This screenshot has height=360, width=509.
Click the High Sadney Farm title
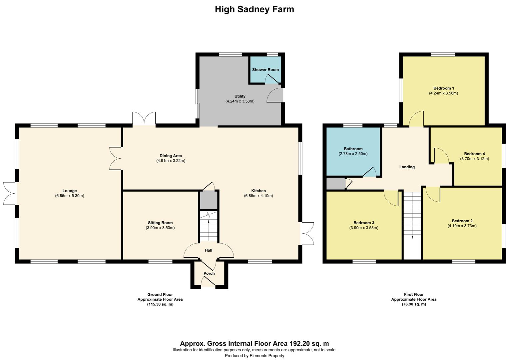point(254,9)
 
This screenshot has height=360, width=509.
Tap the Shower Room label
point(265,70)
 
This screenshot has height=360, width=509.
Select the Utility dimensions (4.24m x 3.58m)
point(240,101)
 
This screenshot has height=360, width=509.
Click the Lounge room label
point(70,191)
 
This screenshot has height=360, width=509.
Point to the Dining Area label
point(171,156)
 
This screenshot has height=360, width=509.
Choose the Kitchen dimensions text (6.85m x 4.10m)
point(258,196)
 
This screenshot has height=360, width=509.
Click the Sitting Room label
point(160,223)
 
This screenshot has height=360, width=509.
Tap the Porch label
point(209,273)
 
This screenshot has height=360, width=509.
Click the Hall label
point(209,250)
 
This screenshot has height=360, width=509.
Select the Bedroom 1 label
point(443,88)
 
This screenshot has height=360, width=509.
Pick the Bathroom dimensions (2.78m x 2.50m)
point(353,154)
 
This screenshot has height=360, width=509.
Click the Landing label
point(407,167)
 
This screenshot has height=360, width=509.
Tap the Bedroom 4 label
point(474,154)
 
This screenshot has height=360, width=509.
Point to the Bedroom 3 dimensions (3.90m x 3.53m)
point(364,228)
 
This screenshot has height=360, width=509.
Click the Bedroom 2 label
point(462,221)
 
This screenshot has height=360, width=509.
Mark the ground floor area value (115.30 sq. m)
point(160,304)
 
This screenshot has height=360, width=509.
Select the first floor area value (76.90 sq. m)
point(414,304)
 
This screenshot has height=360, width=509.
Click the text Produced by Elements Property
point(254,356)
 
